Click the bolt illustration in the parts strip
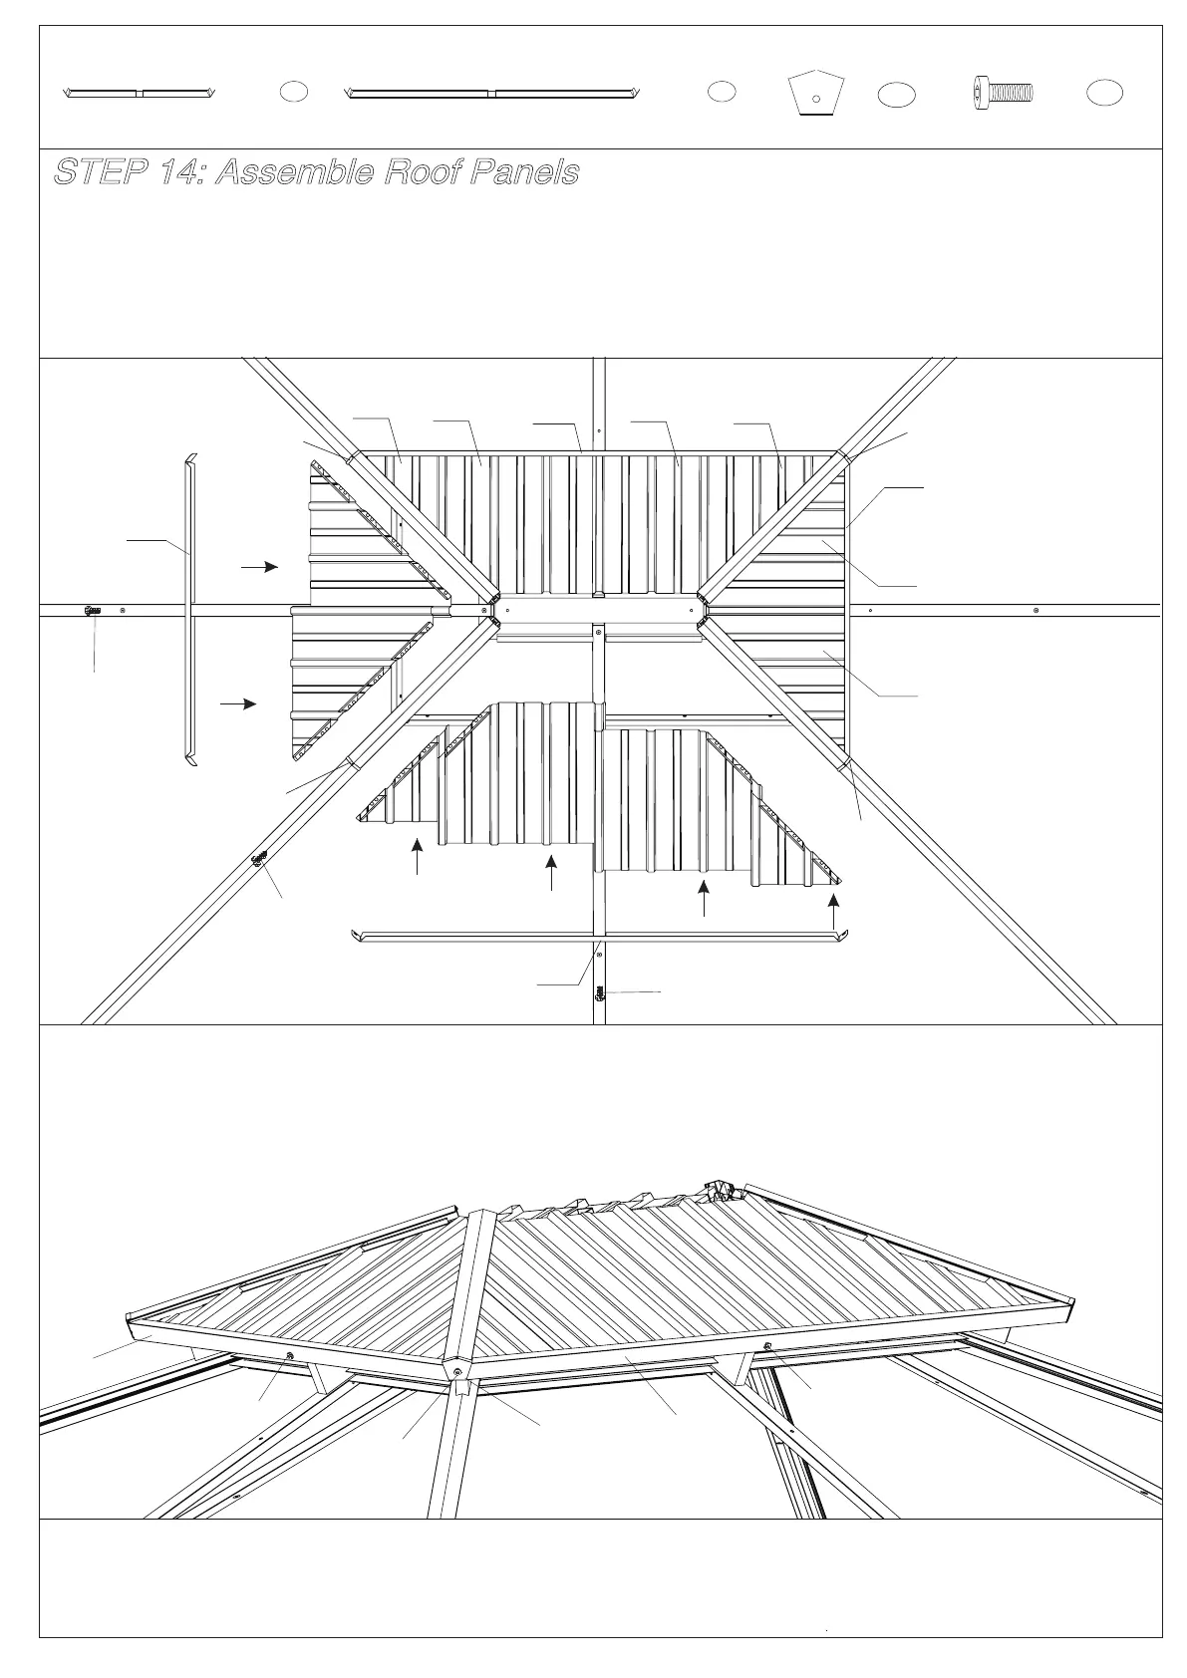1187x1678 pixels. (1003, 93)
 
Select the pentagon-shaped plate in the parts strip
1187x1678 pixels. (816, 93)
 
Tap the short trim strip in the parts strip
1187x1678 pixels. (140, 93)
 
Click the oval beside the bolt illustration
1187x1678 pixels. (1104, 93)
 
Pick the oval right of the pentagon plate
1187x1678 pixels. (897, 95)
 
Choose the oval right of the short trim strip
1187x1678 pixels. (293, 91)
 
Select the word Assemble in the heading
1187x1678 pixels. (289, 172)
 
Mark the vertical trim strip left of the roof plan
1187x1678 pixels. (188, 610)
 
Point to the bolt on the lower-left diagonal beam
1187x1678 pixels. (261, 858)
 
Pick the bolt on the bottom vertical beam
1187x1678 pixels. (600, 992)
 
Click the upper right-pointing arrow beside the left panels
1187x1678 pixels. (259, 566)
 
